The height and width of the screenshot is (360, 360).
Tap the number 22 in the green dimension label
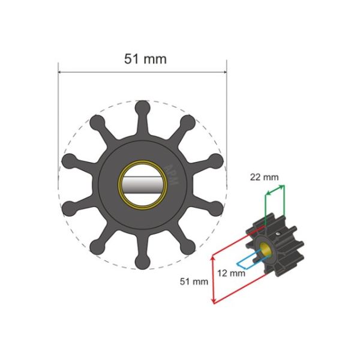[x=256, y=177]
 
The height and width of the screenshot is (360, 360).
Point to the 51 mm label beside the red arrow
[x=194, y=281]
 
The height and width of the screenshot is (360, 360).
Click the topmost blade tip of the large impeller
[x=142, y=107]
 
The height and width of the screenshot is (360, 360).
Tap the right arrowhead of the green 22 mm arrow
[x=283, y=187]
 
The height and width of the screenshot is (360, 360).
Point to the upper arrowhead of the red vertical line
[x=214, y=257]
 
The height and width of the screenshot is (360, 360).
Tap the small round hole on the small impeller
[x=280, y=234]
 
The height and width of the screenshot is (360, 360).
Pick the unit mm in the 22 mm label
[x=271, y=177]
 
